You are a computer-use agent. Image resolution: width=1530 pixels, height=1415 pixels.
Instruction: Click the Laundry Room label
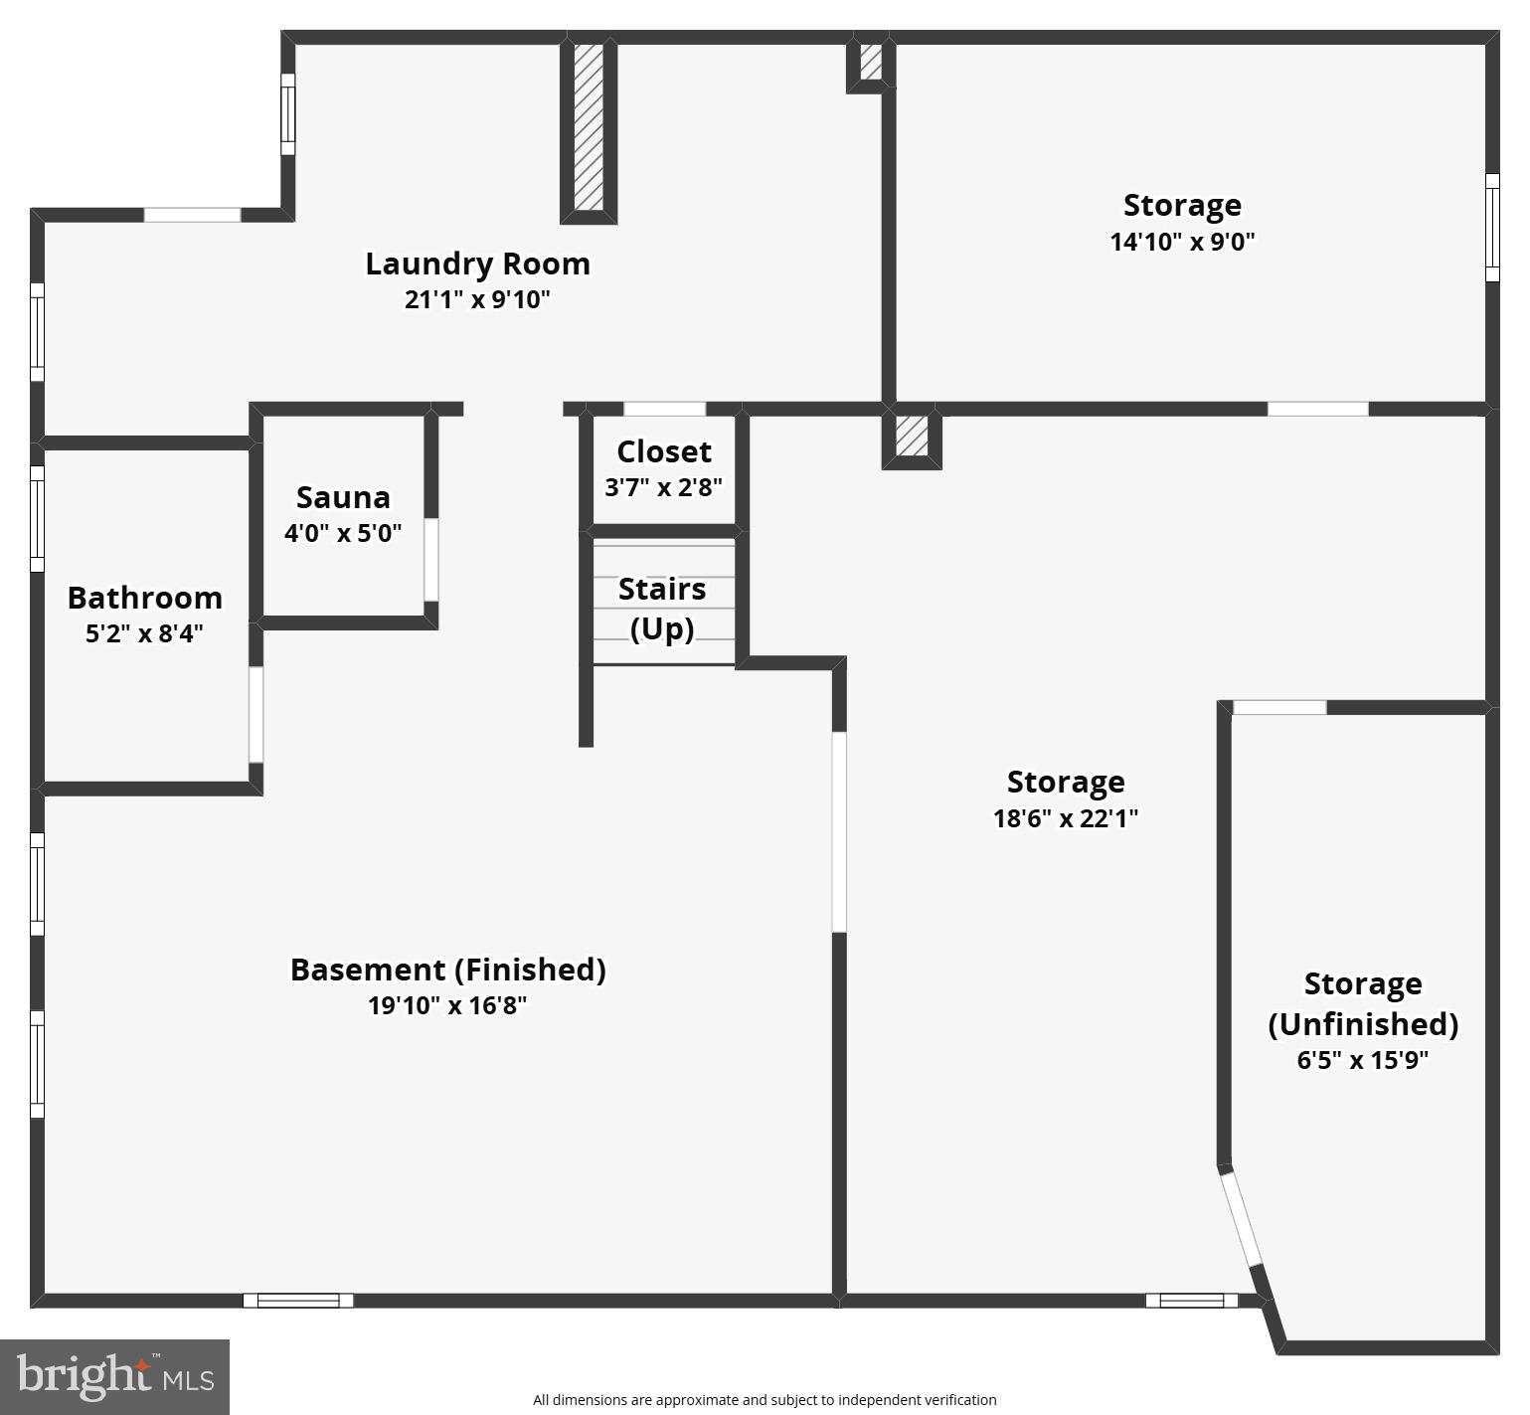pos(477,264)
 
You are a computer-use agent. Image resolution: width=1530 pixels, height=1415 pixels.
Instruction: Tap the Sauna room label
pos(343,497)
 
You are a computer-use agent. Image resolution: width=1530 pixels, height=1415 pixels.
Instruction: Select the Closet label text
pos(664,451)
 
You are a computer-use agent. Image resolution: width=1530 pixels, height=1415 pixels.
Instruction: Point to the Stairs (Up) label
pos(662,608)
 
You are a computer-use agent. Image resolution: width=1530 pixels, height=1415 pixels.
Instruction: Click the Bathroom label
pos(145,598)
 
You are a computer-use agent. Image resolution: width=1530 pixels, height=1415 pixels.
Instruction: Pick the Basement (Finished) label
pos(447,970)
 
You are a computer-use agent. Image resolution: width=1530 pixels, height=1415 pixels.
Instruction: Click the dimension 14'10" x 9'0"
pos(1182,242)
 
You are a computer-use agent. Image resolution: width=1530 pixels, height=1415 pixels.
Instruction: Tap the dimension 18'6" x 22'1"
pos(1066,818)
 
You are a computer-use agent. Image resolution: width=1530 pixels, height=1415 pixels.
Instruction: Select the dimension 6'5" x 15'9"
pos(1362,1060)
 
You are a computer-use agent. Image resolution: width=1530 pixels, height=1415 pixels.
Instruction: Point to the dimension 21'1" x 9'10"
pos(477,299)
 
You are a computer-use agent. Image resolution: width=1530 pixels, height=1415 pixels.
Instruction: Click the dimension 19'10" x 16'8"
pos(447,1005)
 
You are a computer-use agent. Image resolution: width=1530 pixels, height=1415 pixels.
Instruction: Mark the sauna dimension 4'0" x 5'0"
pos(343,533)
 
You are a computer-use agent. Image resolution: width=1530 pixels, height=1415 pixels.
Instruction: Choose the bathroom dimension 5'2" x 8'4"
pos(145,633)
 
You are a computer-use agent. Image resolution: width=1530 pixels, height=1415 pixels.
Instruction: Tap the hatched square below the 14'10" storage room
pos(912,438)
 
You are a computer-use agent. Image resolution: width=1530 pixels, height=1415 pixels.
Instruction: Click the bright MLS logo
pos(115,1376)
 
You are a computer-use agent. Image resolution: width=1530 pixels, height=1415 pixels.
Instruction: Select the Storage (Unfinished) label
pos(1362,1003)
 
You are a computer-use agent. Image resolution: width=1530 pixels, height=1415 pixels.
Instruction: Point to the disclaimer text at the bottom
pos(765,1400)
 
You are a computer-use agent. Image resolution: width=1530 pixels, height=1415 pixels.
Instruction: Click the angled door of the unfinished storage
pos(1241,1219)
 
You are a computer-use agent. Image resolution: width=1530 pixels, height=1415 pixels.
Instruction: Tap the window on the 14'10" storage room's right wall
pos(1492,228)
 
